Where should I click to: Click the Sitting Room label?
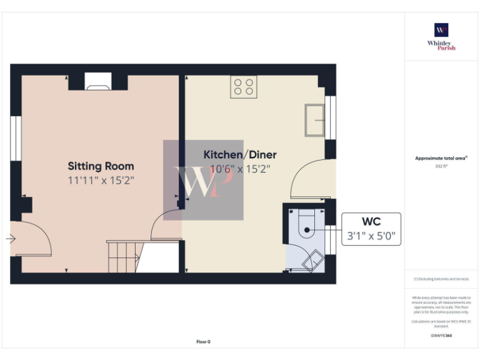tap(101, 166)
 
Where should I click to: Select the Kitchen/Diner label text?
tap(240, 154)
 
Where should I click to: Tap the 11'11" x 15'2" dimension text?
tap(101, 180)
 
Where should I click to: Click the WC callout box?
tap(371, 229)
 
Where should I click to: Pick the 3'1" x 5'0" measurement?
tap(371, 236)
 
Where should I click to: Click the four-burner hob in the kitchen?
tap(244, 86)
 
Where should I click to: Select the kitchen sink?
tap(314, 119)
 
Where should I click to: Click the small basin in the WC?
tap(312, 261)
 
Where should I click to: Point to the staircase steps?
tap(122, 257)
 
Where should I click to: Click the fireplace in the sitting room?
tap(98, 81)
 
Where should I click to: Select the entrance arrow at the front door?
tap(11, 239)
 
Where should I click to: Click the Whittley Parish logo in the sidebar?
tap(441, 36)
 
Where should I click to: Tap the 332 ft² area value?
tap(441, 166)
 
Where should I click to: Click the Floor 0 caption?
tap(204, 341)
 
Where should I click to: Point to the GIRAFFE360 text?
tap(441, 336)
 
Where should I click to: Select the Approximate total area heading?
tap(441, 158)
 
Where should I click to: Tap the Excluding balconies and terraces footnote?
tap(441, 279)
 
